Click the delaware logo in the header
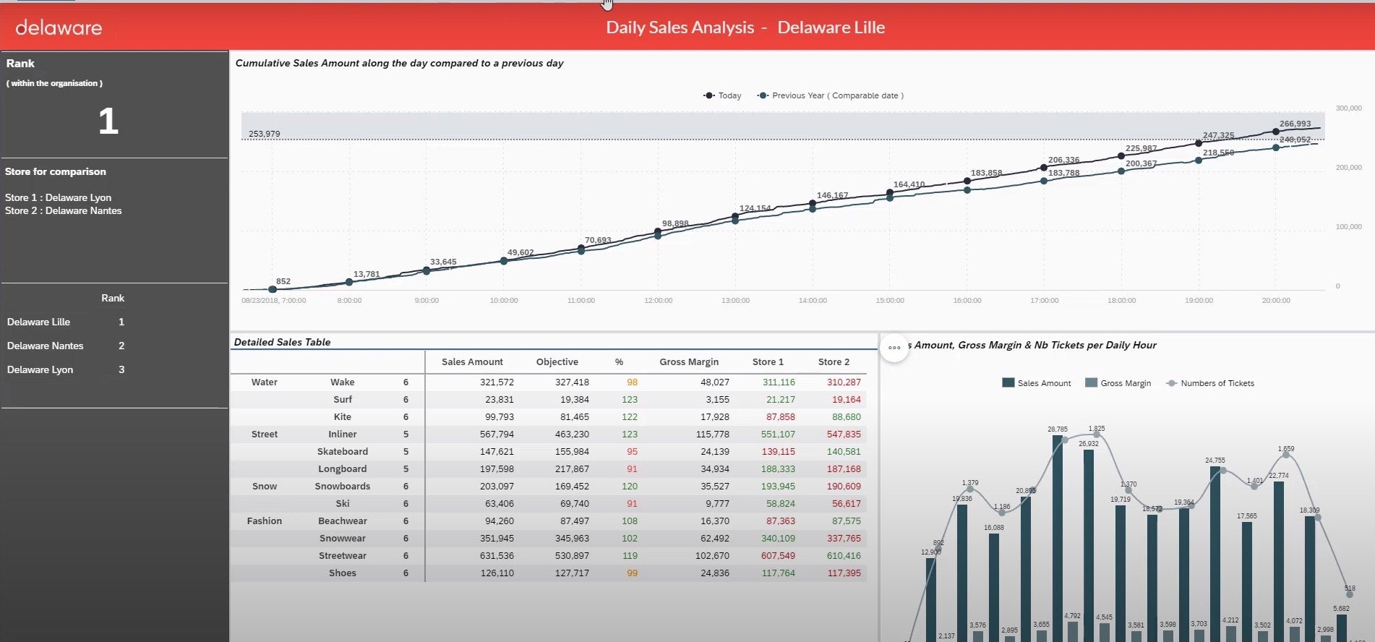click(59, 28)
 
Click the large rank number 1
click(108, 121)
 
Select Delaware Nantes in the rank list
click(46, 346)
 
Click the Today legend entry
click(723, 95)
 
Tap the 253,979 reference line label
click(264, 134)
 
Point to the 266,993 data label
click(1295, 124)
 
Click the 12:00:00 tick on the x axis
click(658, 301)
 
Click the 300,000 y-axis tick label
click(1348, 108)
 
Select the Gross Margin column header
click(688, 362)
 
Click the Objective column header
click(557, 362)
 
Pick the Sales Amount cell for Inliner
click(497, 435)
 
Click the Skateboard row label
click(342, 452)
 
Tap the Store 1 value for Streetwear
click(778, 556)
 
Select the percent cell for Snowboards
click(630, 487)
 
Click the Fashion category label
click(264, 521)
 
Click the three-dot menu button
click(894, 348)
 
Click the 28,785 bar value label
click(1057, 429)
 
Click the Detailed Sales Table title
click(282, 342)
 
